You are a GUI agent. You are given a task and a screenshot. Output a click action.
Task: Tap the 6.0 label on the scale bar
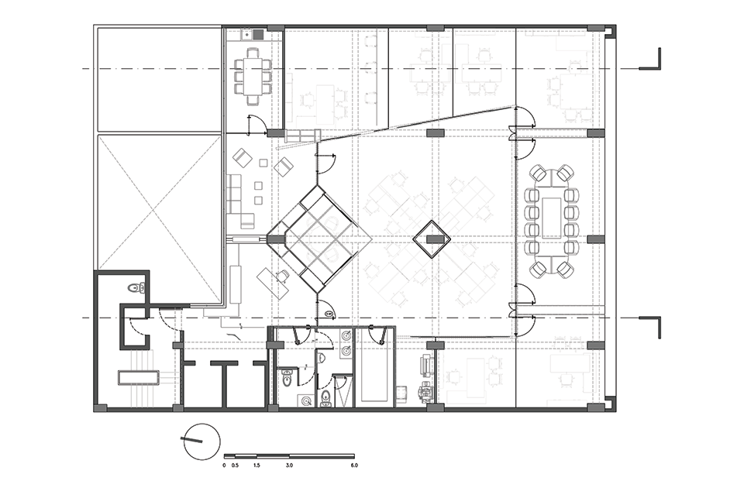pyautogui.click(x=354, y=466)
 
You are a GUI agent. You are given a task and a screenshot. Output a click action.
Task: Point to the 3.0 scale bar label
pyautogui.click(x=289, y=466)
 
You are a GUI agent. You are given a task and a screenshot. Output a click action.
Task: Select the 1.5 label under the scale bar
pyautogui.click(x=257, y=466)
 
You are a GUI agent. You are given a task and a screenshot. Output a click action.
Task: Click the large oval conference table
pyautogui.click(x=552, y=221)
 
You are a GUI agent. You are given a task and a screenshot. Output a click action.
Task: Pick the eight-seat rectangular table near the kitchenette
pyautogui.click(x=253, y=75)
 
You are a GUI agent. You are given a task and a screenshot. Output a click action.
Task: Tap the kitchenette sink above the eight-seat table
pyautogui.click(x=246, y=34)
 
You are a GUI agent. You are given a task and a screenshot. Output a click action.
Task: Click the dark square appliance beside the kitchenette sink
pyautogui.click(x=258, y=34)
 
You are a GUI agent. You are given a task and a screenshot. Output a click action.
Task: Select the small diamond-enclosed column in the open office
pyautogui.click(x=432, y=239)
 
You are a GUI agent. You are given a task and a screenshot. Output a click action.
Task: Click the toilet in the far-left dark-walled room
pyautogui.click(x=137, y=287)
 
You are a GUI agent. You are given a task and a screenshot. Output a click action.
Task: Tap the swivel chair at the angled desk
pyautogui.click(x=282, y=275)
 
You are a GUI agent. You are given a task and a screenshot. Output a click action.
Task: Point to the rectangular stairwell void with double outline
pyautogui.click(x=137, y=377)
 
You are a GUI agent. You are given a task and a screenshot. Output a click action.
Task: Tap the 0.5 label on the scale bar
pyautogui.click(x=235, y=466)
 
